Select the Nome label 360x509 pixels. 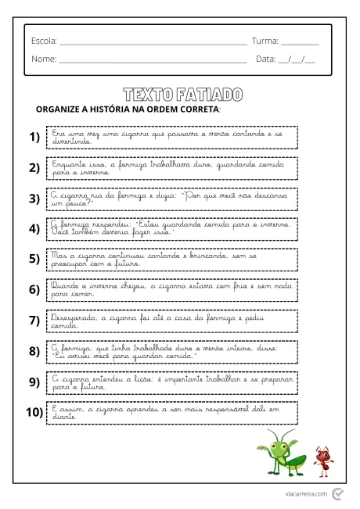pyautogui.click(x=44, y=59)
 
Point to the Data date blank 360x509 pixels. pyautogui.click(x=297, y=59)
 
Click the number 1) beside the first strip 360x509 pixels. pyautogui.click(x=34, y=137)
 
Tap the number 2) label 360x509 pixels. pyautogui.click(x=34, y=167)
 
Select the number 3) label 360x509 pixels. pyautogui.click(x=34, y=198)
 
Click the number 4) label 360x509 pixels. pyautogui.click(x=34, y=228)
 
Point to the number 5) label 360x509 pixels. pyautogui.click(x=34, y=259)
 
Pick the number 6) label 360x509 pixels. pyautogui.click(x=34, y=289)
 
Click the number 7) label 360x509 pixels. pyautogui.click(x=34, y=320)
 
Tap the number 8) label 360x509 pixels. pyautogui.click(x=34, y=351)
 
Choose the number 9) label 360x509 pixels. pyautogui.click(x=34, y=382)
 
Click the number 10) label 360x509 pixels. pyautogui.click(x=33, y=412)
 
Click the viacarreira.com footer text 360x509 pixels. pyautogui.click(x=306, y=493)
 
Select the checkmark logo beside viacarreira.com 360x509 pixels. pyautogui.click(x=337, y=493)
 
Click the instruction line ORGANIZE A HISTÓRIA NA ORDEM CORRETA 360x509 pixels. pyautogui.click(x=129, y=109)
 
